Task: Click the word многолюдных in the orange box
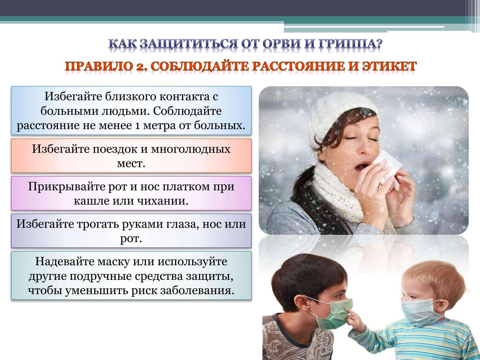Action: tap(191, 149)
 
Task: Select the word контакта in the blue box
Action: tap(185, 97)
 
